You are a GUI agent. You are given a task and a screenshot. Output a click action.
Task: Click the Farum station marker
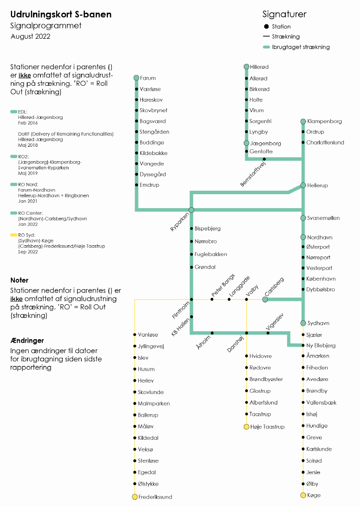click(136, 78)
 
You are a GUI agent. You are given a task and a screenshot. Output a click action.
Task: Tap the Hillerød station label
click(259, 67)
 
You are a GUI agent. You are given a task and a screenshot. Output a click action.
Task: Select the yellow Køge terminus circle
click(303, 495)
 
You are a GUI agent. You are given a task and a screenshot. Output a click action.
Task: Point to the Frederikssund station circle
click(135, 497)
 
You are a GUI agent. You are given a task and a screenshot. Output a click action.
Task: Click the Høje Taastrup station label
click(267, 427)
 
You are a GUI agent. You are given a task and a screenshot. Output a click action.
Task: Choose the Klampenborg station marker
click(303, 121)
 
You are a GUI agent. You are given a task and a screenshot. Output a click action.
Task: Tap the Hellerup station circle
click(303, 185)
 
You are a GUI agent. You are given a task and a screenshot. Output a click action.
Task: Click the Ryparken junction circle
click(191, 210)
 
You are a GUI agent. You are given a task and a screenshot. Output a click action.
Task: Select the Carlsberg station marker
click(265, 300)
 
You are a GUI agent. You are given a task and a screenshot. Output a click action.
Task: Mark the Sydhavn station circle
click(303, 323)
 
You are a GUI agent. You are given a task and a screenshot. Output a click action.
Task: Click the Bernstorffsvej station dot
click(264, 159)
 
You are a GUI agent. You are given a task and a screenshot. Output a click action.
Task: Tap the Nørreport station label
click(318, 257)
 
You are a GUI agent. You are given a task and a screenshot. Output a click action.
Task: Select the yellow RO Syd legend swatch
click(13, 235)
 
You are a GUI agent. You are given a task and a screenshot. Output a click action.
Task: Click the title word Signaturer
click(284, 14)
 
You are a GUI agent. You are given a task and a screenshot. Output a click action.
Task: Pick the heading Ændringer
click(27, 340)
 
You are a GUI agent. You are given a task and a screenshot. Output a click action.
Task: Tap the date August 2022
click(30, 36)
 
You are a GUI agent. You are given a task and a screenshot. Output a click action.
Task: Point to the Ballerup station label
click(148, 415)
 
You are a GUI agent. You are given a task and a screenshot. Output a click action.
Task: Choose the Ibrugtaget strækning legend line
click(266, 47)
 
